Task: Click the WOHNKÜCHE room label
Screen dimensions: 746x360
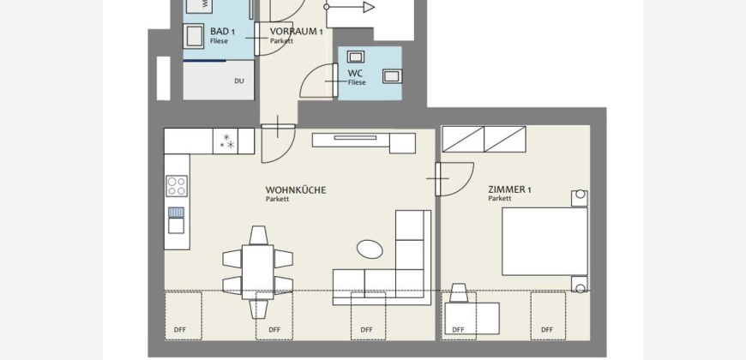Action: tap(296, 190)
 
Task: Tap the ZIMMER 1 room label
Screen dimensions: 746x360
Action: tap(509, 189)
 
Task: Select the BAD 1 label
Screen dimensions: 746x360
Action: tap(222, 32)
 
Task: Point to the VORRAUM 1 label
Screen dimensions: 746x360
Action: tap(297, 32)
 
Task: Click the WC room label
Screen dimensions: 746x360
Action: tap(355, 74)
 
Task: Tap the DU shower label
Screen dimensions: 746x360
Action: tap(239, 81)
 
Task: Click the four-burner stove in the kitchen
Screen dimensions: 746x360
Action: tap(177, 185)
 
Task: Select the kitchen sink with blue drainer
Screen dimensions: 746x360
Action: tap(176, 220)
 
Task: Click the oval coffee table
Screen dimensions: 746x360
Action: tap(370, 249)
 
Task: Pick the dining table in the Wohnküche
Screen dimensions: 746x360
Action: tap(257, 272)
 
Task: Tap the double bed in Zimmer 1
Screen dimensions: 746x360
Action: tap(544, 242)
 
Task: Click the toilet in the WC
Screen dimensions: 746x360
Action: tap(393, 76)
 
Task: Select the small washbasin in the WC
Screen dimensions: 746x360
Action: tap(355, 57)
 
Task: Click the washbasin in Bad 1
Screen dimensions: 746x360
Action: tap(194, 36)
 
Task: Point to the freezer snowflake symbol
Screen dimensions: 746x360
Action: tap(227, 141)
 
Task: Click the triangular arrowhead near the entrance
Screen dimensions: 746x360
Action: tap(369, 7)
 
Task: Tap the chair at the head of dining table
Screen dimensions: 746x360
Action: tap(258, 236)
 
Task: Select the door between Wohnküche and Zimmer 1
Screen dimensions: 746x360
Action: tap(454, 179)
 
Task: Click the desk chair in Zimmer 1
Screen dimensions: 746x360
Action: tap(459, 292)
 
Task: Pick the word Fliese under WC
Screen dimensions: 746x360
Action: tap(357, 82)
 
